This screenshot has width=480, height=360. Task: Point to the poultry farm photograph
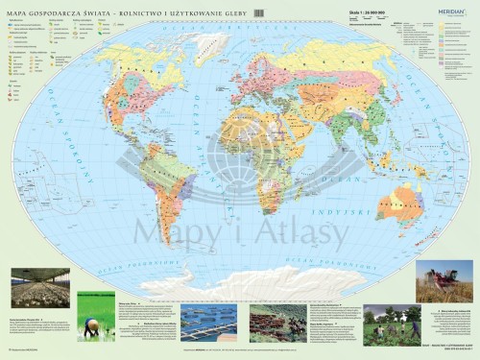pos(39,288)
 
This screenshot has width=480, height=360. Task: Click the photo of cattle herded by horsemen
pos(277,323)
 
